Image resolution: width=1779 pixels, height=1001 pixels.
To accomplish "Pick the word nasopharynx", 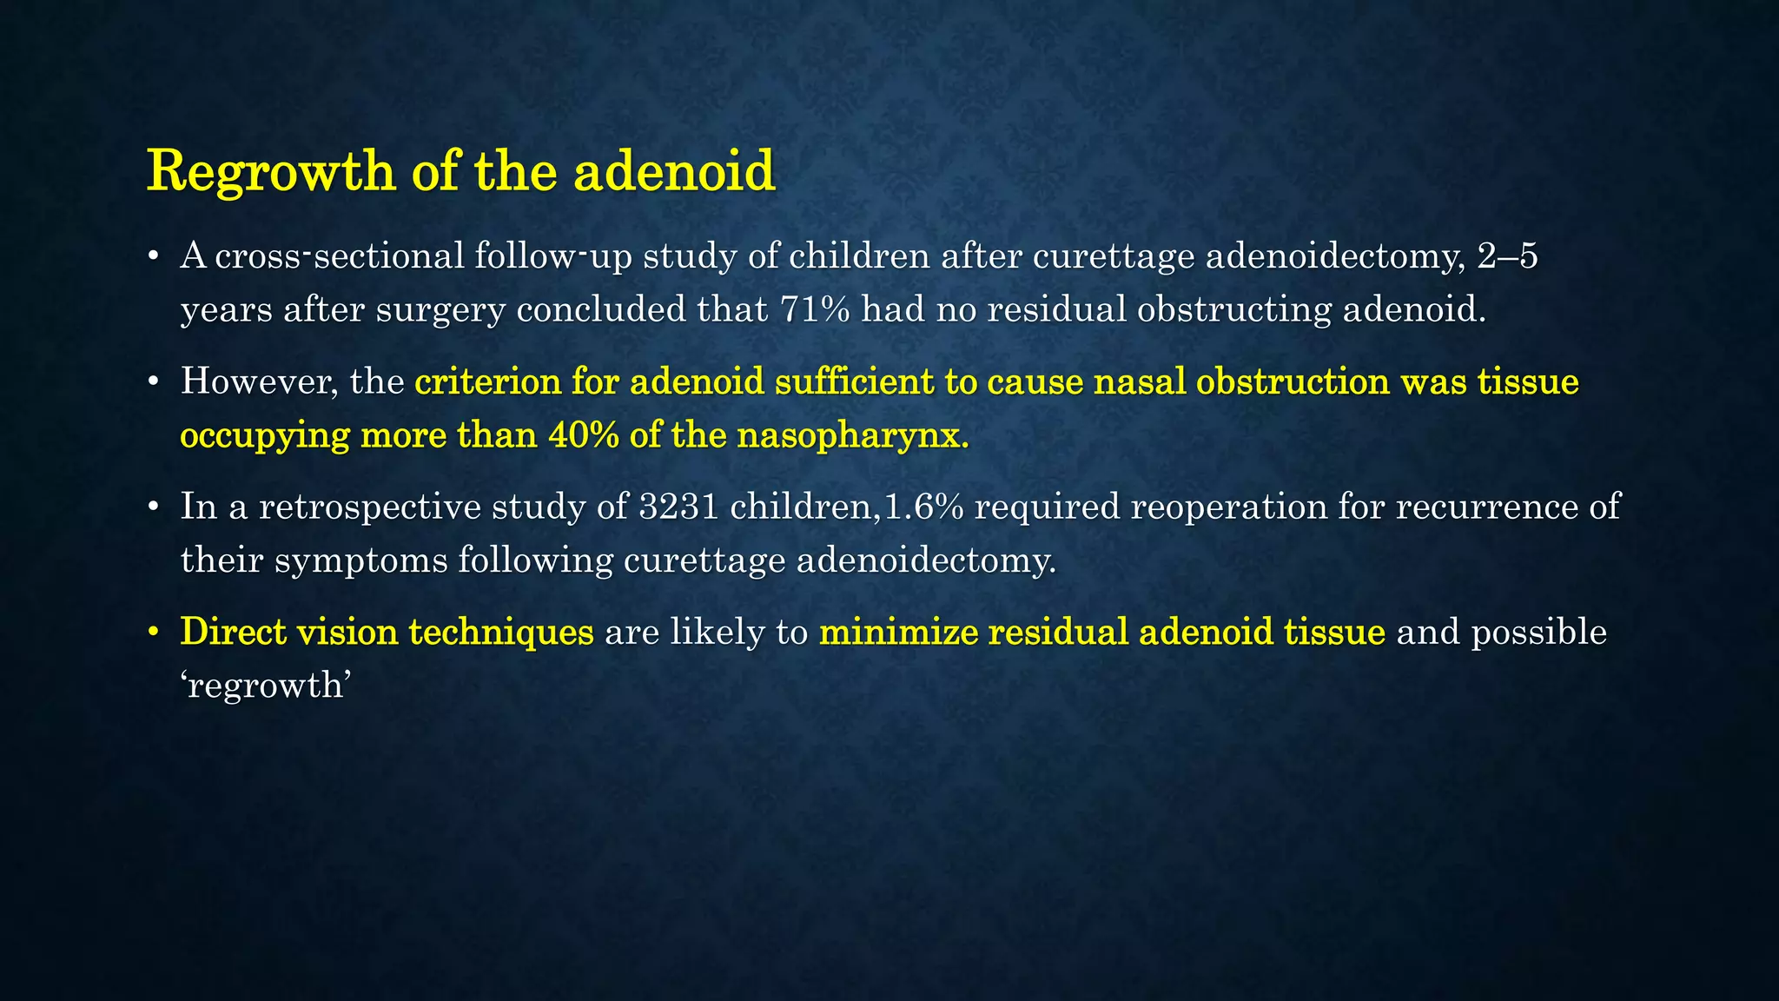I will (x=852, y=434).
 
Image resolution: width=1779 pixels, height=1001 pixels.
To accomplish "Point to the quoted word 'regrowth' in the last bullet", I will (x=266, y=686).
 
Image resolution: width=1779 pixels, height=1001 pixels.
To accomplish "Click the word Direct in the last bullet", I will (x=233, y=632).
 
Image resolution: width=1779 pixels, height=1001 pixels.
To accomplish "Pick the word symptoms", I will (x=360, y=560).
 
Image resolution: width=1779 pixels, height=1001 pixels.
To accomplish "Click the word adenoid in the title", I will (x=673, y=171).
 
